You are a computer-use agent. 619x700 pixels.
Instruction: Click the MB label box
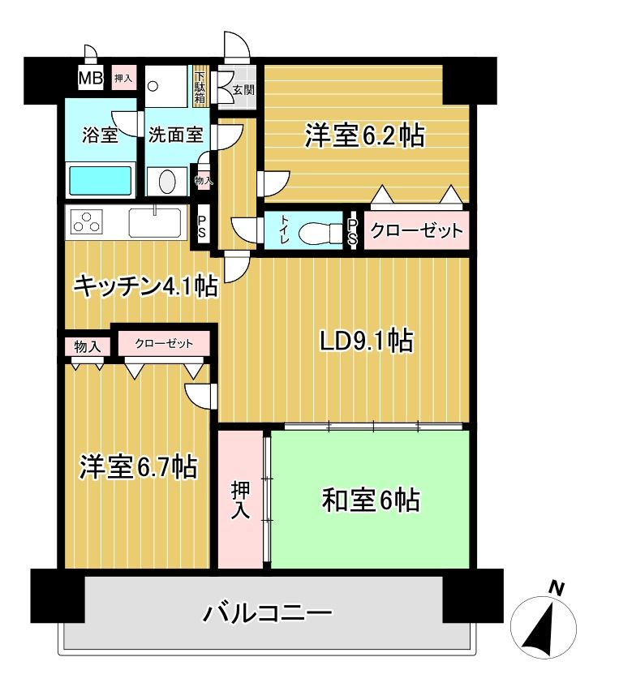pyautogui.click(x=90, y=79)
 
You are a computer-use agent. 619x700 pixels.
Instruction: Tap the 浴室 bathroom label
pyautogui.click(x=100, y=135)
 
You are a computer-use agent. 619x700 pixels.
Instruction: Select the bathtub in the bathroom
pyautogui.click(x=100, y=179)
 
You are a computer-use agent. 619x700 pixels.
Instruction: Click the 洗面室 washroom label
pyautogui.click(x=174, y=135)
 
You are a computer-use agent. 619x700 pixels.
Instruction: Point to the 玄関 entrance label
pyautogui.click(x=243, y=89)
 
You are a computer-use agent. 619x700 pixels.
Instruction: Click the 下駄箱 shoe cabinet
pyautogui.click(x=200, y=88)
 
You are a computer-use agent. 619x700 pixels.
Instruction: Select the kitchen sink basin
pyautogui.click(x=155, y=221)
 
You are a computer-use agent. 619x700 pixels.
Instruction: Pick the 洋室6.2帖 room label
pyautogui.click(x=364, y=136)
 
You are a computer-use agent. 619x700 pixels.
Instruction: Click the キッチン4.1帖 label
pyautogui.click(x=145, y=286)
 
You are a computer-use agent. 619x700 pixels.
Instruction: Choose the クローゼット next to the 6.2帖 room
pyautogui.click(x=416, y=230)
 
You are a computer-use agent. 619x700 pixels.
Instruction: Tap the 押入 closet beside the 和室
pyautogui.click(x=241, y=500)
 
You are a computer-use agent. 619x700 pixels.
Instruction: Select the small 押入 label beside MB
pyautogui.click(x=124, y=79)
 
